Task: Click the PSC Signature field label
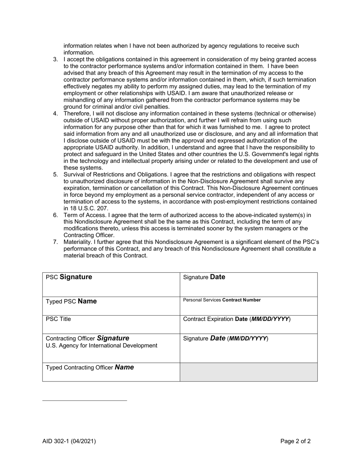pos(69,277)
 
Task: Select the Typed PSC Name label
pos(71,301)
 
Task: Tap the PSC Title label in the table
pos(58,319)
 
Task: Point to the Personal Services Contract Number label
pos(222,300)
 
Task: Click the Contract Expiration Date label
pos(237,319)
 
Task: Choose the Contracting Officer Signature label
pos(88,338)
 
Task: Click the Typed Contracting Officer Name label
pos(90,367)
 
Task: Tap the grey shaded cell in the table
pos(249,372)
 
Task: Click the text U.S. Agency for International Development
pos(102,346)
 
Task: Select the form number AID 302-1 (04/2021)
pos(69,441)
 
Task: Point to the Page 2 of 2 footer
pos(296,441)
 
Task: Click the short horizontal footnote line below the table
pos(85,400)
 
